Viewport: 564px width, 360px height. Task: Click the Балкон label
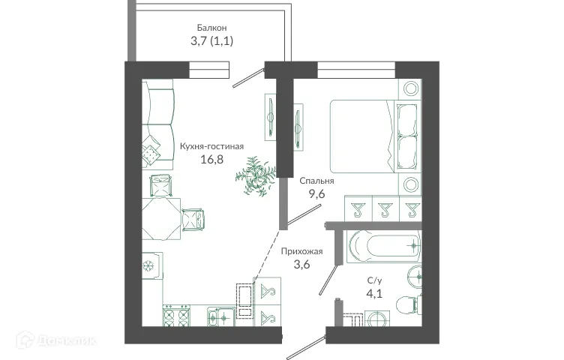[212, 28]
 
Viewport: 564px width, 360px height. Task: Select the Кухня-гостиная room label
[212, 146]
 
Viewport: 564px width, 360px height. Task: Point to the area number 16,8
[212, 159]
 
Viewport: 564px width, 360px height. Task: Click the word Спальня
[316, 181]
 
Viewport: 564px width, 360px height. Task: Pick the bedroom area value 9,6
[316, 193]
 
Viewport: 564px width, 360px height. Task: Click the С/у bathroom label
[373, 280]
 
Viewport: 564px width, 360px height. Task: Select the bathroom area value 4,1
[373, 293]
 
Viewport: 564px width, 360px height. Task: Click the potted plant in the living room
[255, 175]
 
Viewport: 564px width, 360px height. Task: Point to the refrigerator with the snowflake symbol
[149, 267]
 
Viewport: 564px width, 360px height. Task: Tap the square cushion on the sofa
[153, 153]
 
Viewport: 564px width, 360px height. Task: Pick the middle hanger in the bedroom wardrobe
[385, 208]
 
